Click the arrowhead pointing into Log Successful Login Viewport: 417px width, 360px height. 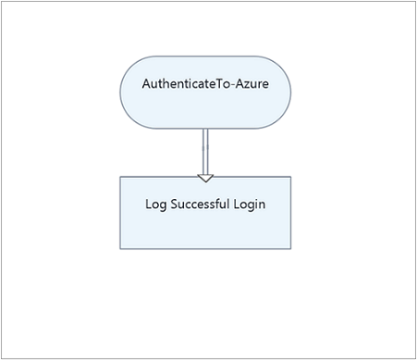pyautogui.click(x=205, y=176)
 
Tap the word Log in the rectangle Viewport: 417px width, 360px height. pyautogui.click(x=155, y=205)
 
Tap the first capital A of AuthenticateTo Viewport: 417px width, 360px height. pyautogui.click(x=147, y=83)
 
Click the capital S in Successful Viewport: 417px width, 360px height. pyautogui.click(x=173, y=205)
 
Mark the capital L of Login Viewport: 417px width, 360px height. pyautogui.click(x=237, y=205)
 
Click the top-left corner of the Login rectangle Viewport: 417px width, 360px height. pyautogui.click(x=120, y=177)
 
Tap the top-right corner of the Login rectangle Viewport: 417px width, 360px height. pyautogui.click(x=290, y=177)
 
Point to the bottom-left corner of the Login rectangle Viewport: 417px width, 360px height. pyautogui.click(x=120, y=248)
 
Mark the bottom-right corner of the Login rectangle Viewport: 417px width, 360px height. pyautogui.click(x=290, y=248)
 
